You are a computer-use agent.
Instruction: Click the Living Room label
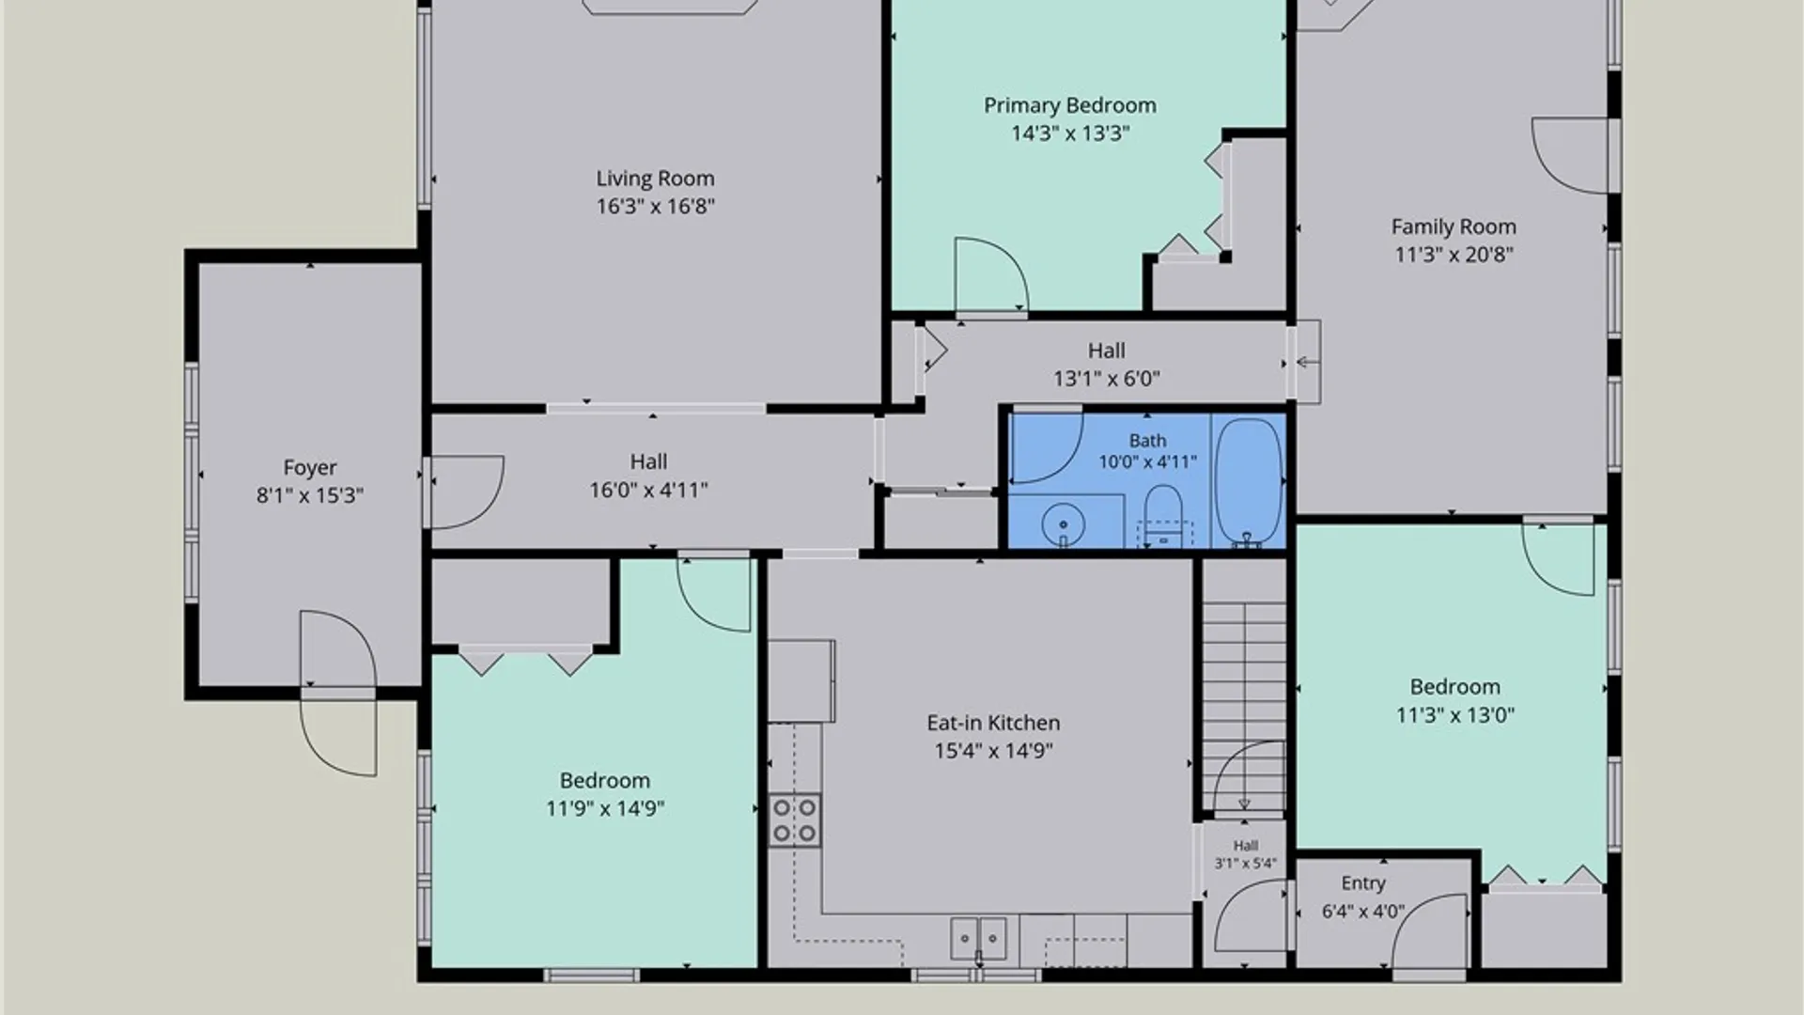click(655, 179)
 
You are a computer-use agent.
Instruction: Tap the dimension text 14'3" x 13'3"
click(1070, 133)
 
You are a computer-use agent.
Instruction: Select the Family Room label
click(1454, 226)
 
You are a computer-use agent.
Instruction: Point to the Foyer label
click(310, 468)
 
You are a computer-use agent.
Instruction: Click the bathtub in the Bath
click(1249, 481)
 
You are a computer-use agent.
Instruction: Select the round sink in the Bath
click(1064, 523)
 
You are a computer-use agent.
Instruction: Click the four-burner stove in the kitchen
click(794, 820)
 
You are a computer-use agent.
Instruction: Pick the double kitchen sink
click(978, 938)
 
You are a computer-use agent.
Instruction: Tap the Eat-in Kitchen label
click(993, 723)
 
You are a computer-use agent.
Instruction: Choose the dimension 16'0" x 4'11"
click(648, 490)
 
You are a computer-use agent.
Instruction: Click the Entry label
click(1363, 883)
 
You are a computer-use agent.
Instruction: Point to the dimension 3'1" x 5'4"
click(1245, 863)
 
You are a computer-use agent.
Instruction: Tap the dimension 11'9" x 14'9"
click(605, 808)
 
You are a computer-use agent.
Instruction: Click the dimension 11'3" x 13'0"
click(1454, 715)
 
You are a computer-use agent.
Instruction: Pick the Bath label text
click(1147, 441)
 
